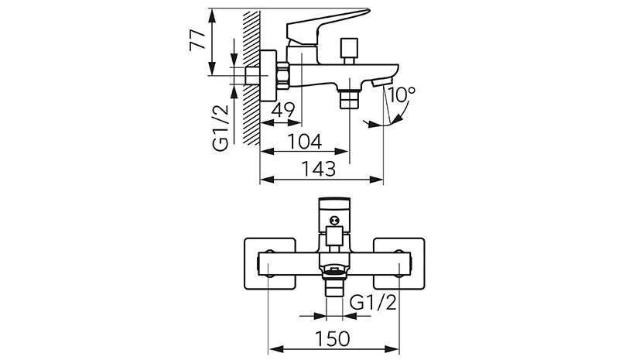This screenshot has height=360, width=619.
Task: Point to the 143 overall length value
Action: click(319, 168)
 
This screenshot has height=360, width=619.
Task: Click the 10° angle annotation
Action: click(403, 96)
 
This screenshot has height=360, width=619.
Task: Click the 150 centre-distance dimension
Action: click(333, 338)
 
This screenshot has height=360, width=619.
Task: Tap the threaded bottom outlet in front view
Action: click(333, 286)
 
